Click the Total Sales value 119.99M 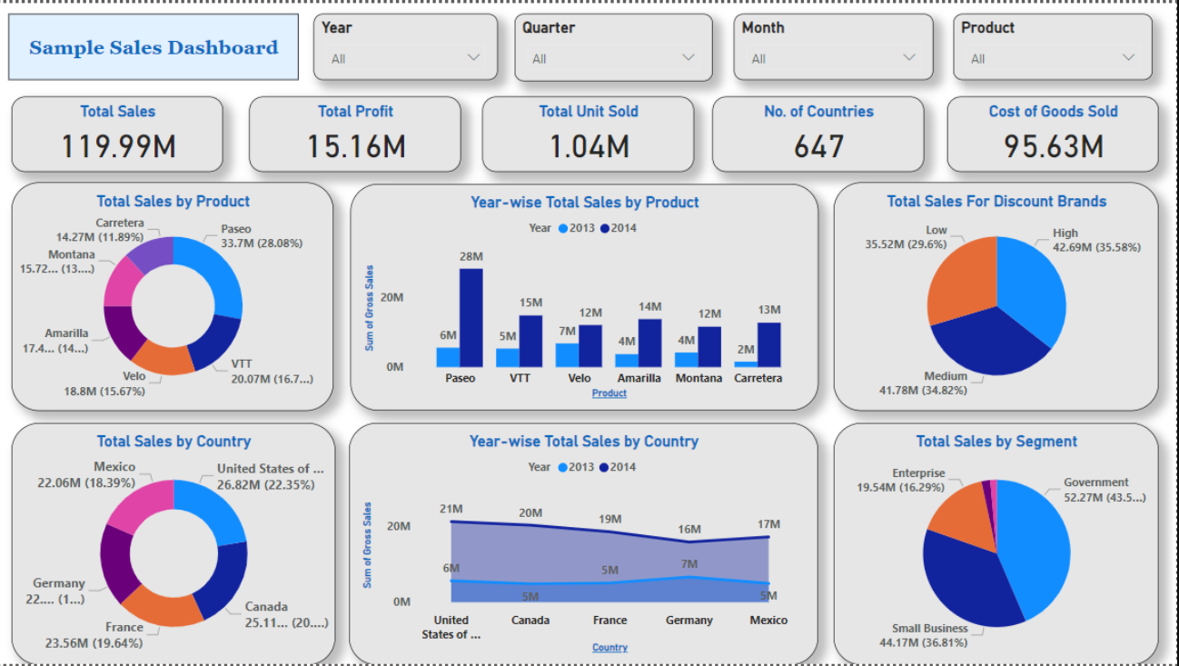pyautogui.click(x=118, y=145)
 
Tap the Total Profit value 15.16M pyautogui.click(x=355, y=145)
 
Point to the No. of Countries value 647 pyautogui.click(x=818, y=145)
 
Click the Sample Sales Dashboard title pyautogui.click(x=154, y=48)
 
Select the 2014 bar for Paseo pyautogui.click(x=471, y=317)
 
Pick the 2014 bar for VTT pyautogui.click(x=530, y=341)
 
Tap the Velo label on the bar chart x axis pyautogui.click(x=580, y=378)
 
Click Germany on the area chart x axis pyautogui.click(x=689, y=620)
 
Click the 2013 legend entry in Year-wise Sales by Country pyautogui.click(x=578, y=467)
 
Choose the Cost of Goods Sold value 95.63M pyautogui.click(x=1053, y=145)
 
